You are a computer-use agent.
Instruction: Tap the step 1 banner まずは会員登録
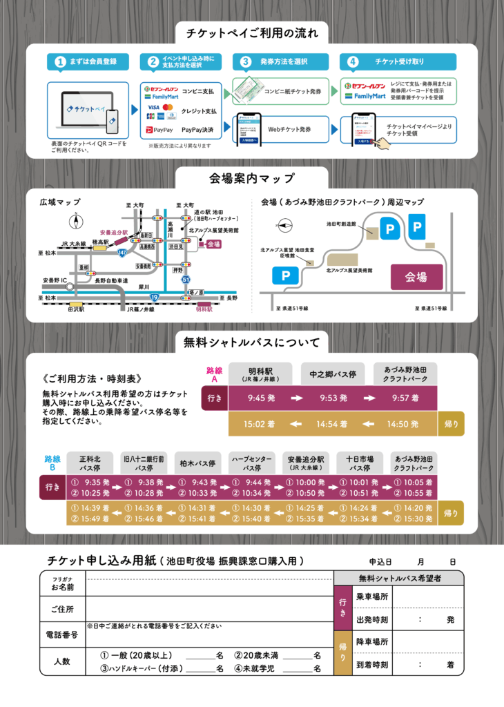(88, 61)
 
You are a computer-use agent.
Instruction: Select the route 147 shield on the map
(122, 254)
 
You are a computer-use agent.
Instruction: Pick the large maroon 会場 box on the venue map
(416, 277)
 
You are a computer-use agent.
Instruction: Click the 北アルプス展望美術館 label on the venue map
(350, 269)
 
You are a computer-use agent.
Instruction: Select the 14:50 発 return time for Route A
(404, 423)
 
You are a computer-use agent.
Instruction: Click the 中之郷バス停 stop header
(333, 374)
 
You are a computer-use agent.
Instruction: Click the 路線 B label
(53, 463)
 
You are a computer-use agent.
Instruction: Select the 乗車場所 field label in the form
(372, 595)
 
